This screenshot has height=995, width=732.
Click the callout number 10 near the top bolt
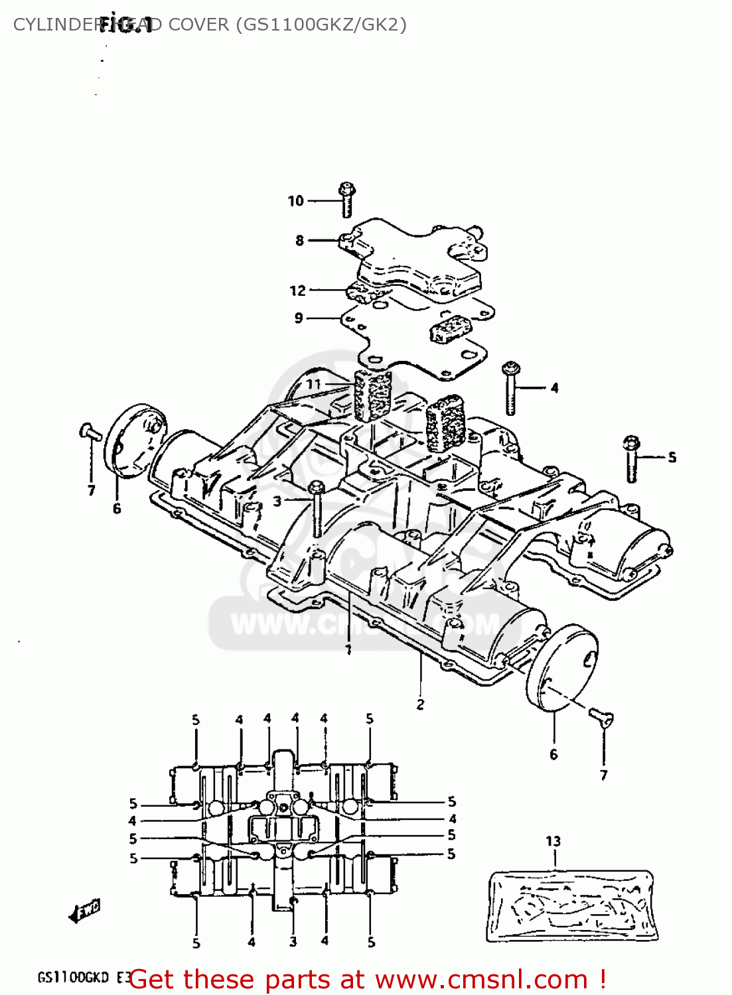[x=295, y=201]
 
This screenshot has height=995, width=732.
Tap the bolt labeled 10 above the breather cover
[x=346, y=199]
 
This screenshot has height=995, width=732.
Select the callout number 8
[x=299, y=241]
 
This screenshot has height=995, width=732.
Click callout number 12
[x=297, y=291]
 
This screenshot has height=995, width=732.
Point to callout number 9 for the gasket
[x=299, y=318]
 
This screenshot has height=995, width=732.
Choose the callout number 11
[x=313, y=384]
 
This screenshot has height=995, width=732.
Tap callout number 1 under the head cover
[x=348, y=651]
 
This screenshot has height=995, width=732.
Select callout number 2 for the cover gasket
[x=420, y=704]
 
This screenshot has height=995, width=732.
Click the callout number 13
[x=553, y=841]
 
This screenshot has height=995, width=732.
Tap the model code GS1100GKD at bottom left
[x=73, y=978]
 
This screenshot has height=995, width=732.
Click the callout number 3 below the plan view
[x=293, y=942]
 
